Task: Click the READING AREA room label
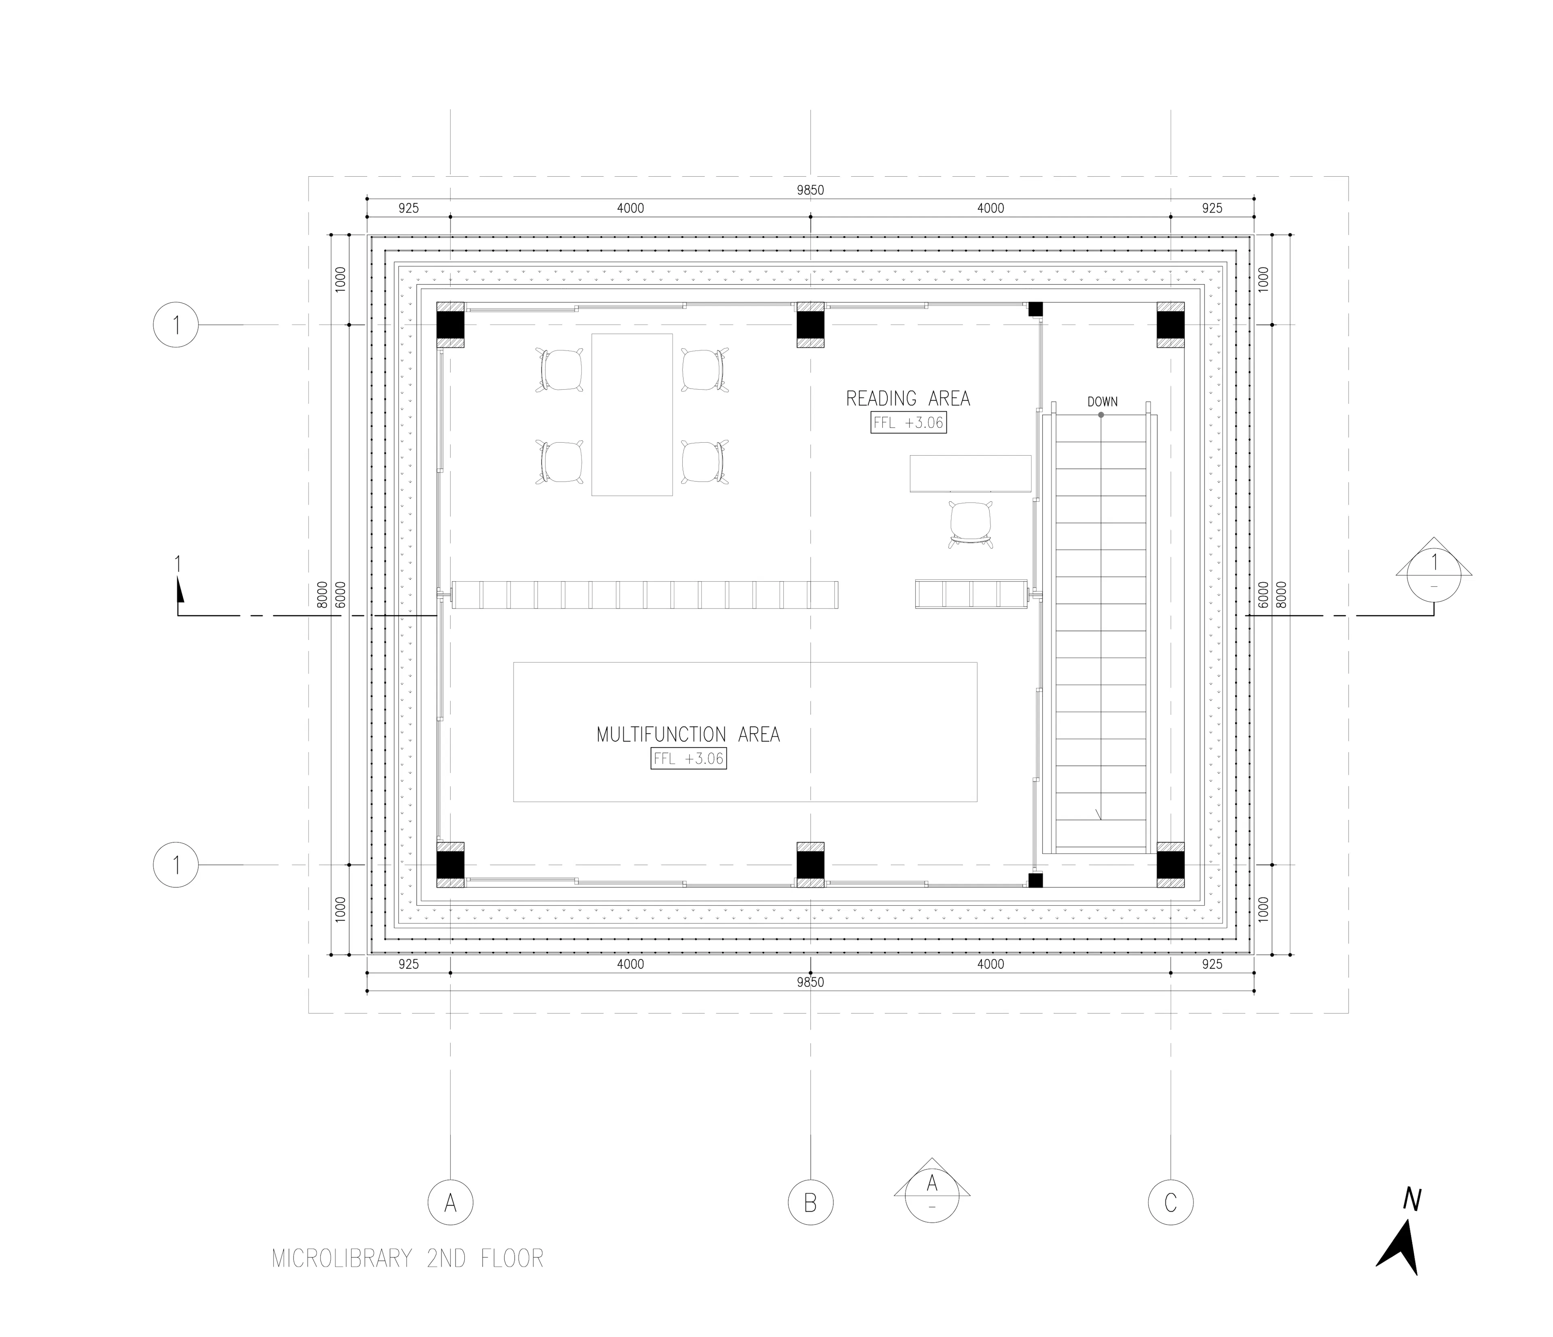click(908, 399)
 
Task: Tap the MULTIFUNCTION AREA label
click(688, 735)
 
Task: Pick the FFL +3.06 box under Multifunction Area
click(688, 758)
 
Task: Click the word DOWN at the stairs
click(1102, 402)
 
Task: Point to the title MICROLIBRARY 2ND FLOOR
click(408, 1258)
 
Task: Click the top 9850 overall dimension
click(810, 190)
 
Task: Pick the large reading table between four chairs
click(632, 414)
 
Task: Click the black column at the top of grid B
click(810, 325)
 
